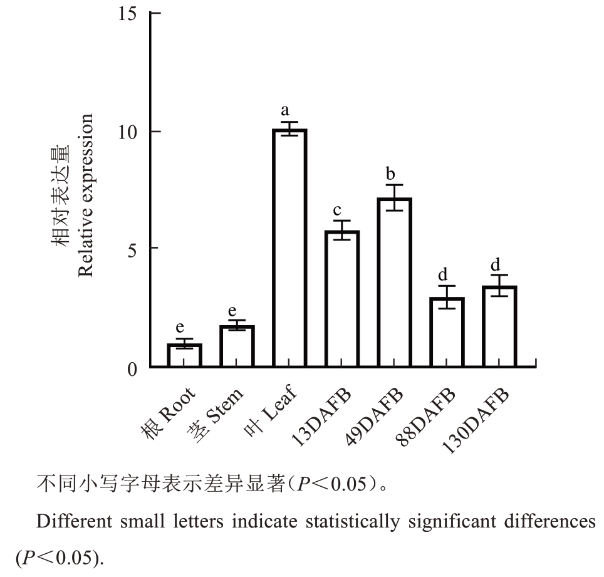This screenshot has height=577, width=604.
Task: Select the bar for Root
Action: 184,355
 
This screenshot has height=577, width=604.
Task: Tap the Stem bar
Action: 237,346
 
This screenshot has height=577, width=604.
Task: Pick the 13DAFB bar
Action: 342,298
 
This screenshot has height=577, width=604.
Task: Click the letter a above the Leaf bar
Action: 286,112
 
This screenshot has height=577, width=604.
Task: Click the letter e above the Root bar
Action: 180,327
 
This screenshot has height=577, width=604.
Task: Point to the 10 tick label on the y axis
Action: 128,131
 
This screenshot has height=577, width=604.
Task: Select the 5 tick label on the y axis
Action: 132,248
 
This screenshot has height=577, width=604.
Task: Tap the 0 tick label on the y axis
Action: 132,370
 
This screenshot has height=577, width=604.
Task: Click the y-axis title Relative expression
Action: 86,195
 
